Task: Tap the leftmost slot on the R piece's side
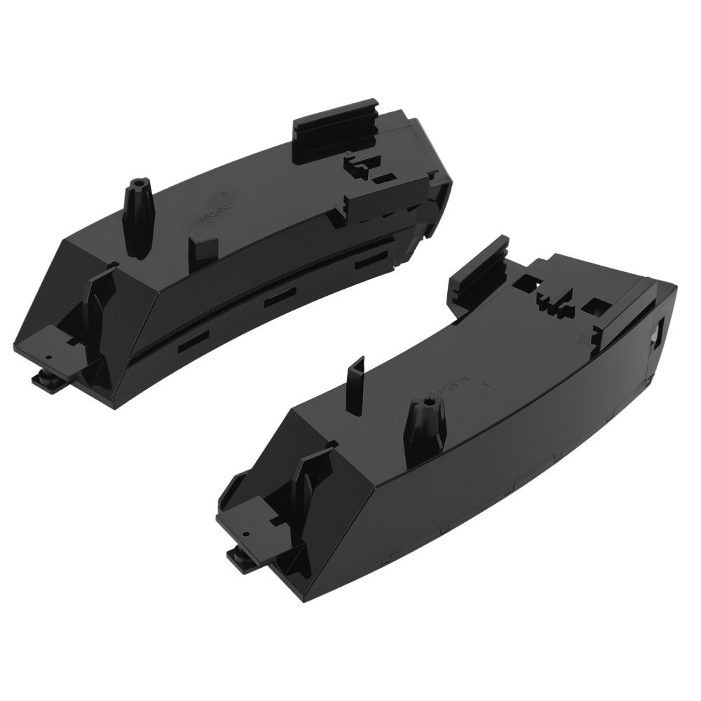coord(191,346)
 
